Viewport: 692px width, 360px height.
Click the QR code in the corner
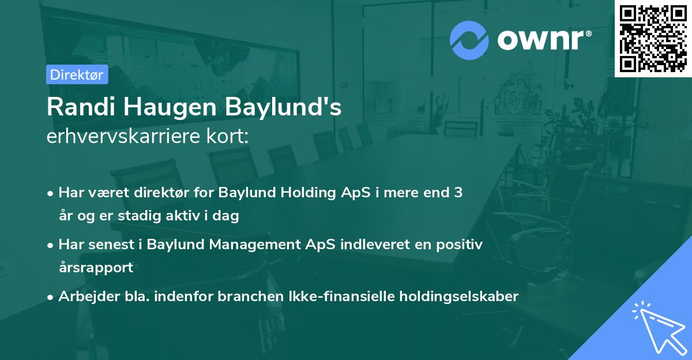[653, 39]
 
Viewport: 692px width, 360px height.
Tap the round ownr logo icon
[469, 40]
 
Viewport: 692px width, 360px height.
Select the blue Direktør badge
[77, 74]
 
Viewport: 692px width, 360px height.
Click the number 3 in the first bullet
[458, 193]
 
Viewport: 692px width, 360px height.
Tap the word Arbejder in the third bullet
[84, 297]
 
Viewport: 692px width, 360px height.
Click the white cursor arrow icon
[657, 327]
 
